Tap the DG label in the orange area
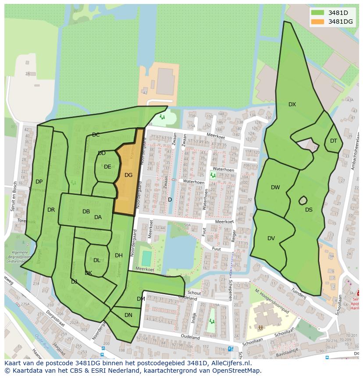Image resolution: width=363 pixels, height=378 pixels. point(128,175)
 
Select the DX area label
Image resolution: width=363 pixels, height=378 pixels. point(292,104)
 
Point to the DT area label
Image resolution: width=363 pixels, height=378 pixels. point(334,141)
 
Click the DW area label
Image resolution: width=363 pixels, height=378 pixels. point(275,187)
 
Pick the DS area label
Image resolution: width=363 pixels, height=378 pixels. point(309,210)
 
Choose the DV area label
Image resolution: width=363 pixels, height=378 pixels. point(271,238)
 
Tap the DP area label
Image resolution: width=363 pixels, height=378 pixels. point(39,182)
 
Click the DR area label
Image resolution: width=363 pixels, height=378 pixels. point(51,210)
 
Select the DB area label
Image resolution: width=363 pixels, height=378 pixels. point(86,212)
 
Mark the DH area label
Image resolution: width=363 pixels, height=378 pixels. point(119,256)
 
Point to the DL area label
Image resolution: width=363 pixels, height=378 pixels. point(97,260)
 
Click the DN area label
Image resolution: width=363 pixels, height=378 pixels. point(128,315)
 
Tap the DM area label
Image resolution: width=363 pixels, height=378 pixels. point(141,299)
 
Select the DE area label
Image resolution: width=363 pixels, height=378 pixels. point(107,167)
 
